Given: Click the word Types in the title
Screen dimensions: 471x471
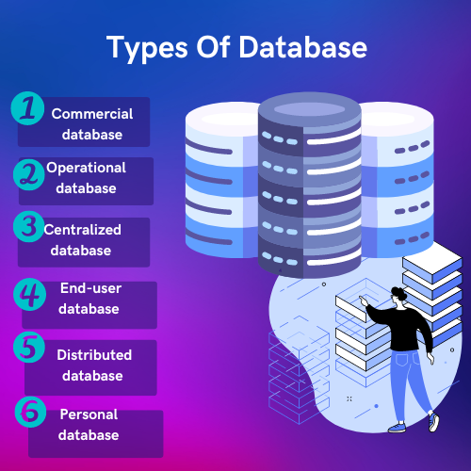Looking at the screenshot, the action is pyautogui.click(x=147, y=49).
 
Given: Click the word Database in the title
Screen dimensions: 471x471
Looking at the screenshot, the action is pyautogui.click(x=303, y=47).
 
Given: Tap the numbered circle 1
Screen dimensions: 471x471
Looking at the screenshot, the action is pyautogui.click(x=27, y=108).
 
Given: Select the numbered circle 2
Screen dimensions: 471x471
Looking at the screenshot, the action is pyautogui.click(x=29, y=174).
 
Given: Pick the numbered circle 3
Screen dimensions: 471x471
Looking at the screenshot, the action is pyautogui.click(x=29, y=226).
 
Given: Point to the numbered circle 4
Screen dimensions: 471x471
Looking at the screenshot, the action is pyautogui.click(x=30, y=294).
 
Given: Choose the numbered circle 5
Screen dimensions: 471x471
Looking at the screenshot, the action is pyautogui.click(x=29, y=348).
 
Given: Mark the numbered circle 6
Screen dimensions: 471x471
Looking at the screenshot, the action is pyautogui.click(x=31, y=412).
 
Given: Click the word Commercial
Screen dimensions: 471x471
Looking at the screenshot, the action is pyautogui.click(x=92, y=114).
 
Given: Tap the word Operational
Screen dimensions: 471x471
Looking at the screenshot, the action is pyautogui.click(x=86, y=169).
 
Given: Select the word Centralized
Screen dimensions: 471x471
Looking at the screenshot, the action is pyautogui.click(x=83, y=230).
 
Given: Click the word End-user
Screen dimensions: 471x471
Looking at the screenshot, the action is pyautogui.click(x=90, y=288).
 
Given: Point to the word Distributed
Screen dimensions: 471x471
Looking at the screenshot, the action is pyautogui.click(x=94, y=355).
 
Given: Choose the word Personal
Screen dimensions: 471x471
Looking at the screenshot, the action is pyautogui.click(x=89, y=414).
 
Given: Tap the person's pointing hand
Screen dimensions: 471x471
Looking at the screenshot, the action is pyautogui.click(x=364, y=300).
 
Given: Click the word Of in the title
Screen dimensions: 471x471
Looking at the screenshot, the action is pyautogui.click(x=214, y=47).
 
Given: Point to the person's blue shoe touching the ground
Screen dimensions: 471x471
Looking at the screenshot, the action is pyautogui.click(x=398, y=428).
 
